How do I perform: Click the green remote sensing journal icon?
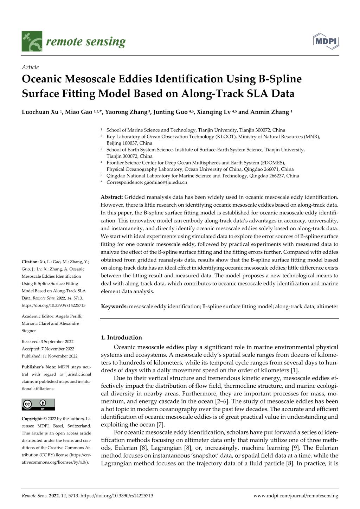coord(32,41)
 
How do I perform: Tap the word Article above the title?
coord(30,67)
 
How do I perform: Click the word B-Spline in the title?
coord(281,79)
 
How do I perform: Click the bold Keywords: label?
coord(114,307)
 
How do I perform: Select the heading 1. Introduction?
coord(121,337)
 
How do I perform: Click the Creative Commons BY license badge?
coord(38,405)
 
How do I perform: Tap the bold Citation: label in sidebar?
coord(30,262)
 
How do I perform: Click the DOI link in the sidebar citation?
coord(53,305)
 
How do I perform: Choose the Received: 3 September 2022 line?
coord(47,342)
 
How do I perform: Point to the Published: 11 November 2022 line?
coord(50,356)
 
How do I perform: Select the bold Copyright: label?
coord(32,419)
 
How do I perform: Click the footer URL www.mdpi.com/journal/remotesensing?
coord(296,496)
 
